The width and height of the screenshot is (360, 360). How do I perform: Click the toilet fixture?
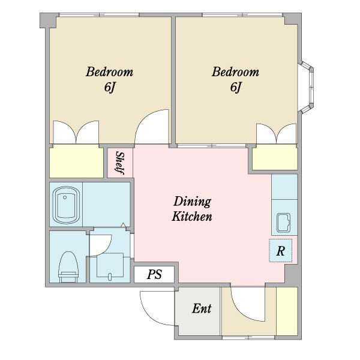click(68, 267)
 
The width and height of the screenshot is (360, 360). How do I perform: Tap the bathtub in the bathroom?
click(66, 205)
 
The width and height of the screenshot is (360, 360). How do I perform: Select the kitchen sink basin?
click(284, 223)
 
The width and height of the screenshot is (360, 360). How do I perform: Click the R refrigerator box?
click(281, 250)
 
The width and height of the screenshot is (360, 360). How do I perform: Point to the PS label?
click(154, 274)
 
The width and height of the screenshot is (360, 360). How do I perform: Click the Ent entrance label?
click(202, 308)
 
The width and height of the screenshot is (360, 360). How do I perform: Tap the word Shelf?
click(119, 163)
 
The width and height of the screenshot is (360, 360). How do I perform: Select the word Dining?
click(192, 202)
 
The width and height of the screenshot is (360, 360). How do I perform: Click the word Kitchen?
click(192, 217)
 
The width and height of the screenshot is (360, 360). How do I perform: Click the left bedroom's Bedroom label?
click(110, 72)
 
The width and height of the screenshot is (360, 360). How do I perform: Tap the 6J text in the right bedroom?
click(236, 87)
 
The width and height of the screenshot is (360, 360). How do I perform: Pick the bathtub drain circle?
click(65, 197)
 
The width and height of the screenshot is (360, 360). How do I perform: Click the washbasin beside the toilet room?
click(110, 265)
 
